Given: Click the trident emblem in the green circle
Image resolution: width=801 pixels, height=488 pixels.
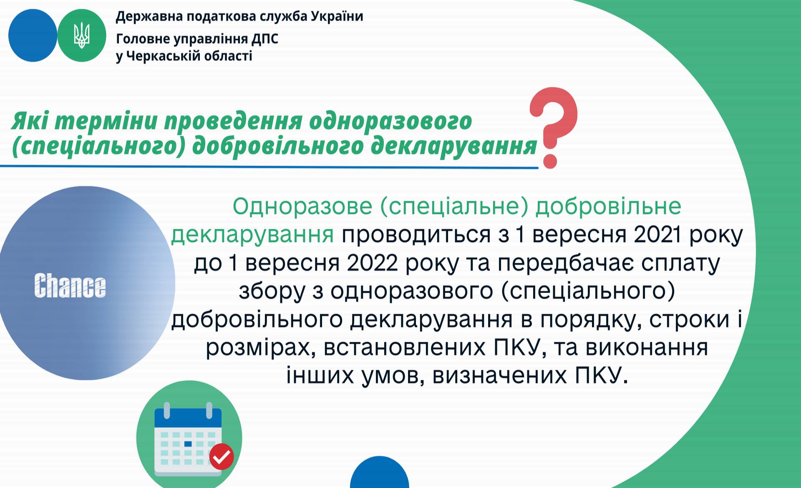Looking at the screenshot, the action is [x=81, y=35].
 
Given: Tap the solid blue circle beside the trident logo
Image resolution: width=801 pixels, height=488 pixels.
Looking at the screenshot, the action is [x=33, y=35].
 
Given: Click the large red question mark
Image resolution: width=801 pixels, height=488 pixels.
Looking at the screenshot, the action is [x=553, y=128].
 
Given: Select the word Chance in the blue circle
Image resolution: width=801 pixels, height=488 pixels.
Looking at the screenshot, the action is [x=70, y=286].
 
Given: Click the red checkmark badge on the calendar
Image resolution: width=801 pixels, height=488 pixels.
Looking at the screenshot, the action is [x=222, y=456].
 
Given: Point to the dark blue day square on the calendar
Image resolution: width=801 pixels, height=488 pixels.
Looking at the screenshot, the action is [x=188, y=444].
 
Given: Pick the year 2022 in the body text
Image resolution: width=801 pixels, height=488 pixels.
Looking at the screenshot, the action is [x=372, y=263].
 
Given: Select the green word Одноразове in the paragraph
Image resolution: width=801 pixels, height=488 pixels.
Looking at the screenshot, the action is [x=302, y=206].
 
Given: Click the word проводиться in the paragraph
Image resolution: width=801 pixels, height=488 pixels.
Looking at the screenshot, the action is [x=416, y=235].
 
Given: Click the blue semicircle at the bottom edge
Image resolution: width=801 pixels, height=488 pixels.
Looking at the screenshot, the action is [x=380, y=472].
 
